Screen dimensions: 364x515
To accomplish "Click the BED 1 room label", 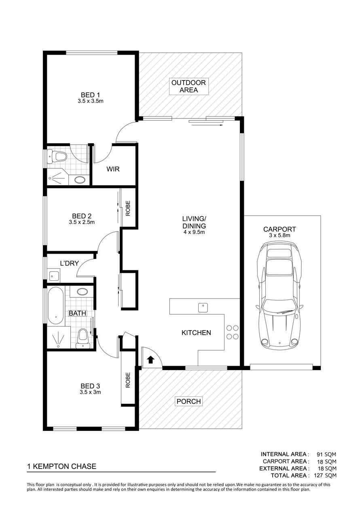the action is pyautogui.click(x=90, y=95).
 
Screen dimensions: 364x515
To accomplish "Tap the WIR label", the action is pyautogui.click(x=113, y=169).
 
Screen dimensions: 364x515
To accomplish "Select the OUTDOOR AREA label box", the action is pyautogui.click(x=188, y=86).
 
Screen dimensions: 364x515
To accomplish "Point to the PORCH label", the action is pyautogui.click(x=188, y=401).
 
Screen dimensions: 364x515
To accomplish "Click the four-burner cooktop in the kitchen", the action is pyautogui.click(x=232, y=332).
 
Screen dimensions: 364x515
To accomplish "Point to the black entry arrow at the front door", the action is pyautogui.click(x=150, y=360).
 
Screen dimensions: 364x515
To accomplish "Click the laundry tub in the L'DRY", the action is pyautogui.click(x=54, y=276).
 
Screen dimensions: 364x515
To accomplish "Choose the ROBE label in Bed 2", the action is pyautogui.click(x=128, y=208).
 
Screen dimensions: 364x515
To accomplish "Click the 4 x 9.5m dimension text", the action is pyautogui.click(x=194, y=232).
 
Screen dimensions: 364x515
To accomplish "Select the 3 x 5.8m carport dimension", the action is pyautogui.click(x=279, y=235).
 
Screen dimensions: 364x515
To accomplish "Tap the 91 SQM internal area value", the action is pyautogui.click(x=326, y=454).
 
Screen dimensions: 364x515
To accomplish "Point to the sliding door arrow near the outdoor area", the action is pyautogui.click(x=207, y=125).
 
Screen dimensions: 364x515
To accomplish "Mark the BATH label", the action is pyautogui.click(x=77, y=313).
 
